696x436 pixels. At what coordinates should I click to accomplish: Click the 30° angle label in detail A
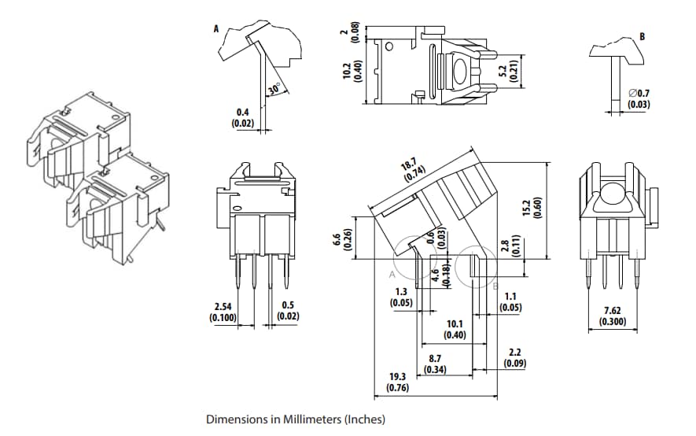pos(273,90)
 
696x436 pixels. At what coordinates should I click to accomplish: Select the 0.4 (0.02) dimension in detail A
pos(242,118)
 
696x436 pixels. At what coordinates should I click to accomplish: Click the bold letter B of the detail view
pos(643,36)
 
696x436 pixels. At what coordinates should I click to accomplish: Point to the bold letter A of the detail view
pos(216,28)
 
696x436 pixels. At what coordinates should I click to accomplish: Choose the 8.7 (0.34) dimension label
pos(435,364)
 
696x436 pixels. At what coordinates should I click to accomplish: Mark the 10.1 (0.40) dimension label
pos(455,329)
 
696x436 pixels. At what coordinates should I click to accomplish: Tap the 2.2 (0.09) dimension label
pos(515,358)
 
